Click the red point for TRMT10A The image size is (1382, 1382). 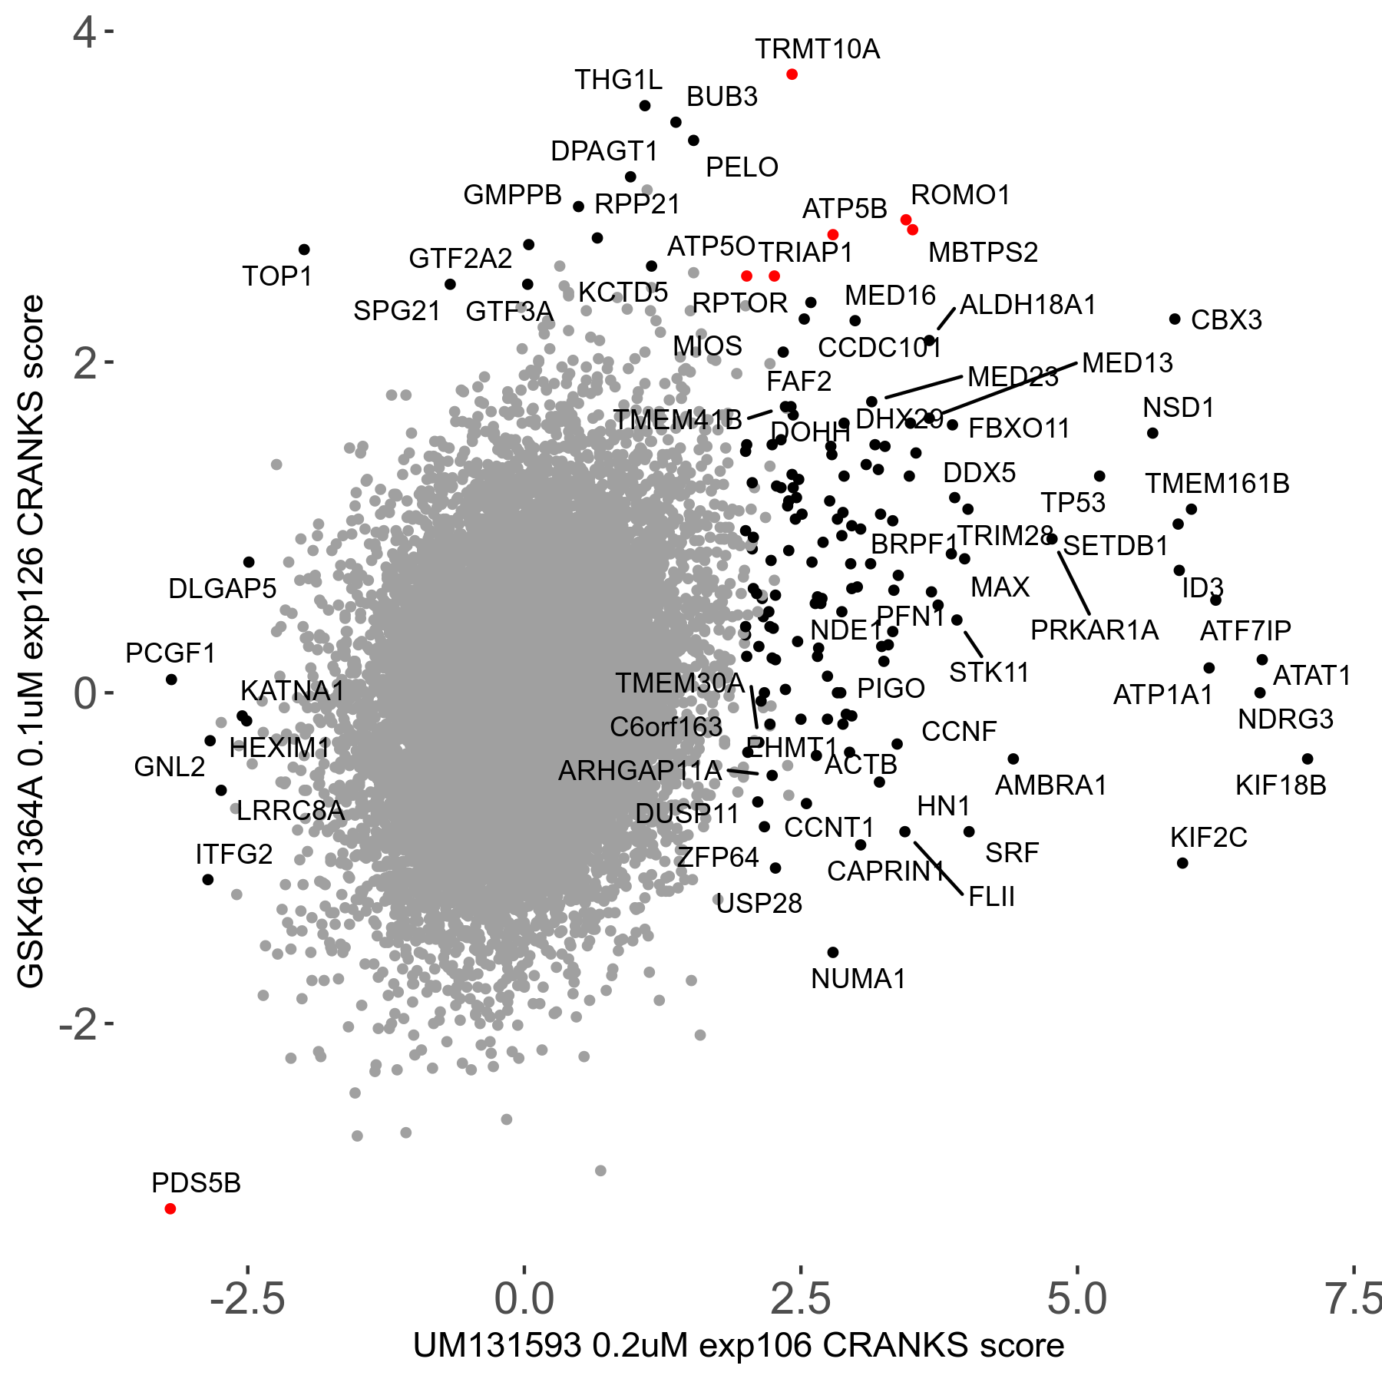(792, 74)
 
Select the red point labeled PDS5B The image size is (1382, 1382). (170, 1208)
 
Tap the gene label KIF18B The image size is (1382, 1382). (1281, 785)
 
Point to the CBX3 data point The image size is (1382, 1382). (1175, 319)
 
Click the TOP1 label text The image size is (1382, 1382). (277, 276)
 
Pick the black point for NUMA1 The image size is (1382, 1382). (833, 952)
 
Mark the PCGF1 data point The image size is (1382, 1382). (171, 679)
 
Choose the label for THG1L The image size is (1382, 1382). (618, 80)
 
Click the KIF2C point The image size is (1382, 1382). (1182, 863)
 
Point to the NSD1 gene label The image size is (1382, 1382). (1179, 408)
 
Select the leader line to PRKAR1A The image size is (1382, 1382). (1073, 583)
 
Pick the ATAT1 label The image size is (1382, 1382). (1311, 676)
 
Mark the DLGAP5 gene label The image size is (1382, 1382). (222, 589)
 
